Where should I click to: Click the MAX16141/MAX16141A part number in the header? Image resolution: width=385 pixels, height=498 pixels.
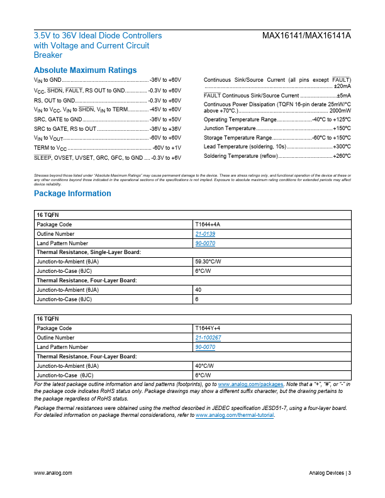(x=306, y=36)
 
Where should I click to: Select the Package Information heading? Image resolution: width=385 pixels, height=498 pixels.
(x=72, y=194)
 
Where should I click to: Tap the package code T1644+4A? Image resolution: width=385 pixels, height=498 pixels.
(x=208, y=224)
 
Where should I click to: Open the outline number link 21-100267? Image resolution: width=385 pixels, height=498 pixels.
(x=208, y=338)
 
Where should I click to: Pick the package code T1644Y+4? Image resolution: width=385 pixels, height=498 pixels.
(x=208, y=328)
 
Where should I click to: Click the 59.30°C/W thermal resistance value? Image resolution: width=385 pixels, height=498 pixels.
(x=208, y=260)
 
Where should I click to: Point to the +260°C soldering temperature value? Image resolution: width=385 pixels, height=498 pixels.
(x=342, y=155)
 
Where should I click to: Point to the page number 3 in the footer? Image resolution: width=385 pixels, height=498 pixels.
(x=349, y=473)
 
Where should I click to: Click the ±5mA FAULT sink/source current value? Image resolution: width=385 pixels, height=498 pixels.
(x=343, y=95)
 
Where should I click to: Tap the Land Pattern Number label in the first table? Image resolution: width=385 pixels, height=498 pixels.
(x=62, y=243)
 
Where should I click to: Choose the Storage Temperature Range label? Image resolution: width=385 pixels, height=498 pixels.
(x=238, y=137)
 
